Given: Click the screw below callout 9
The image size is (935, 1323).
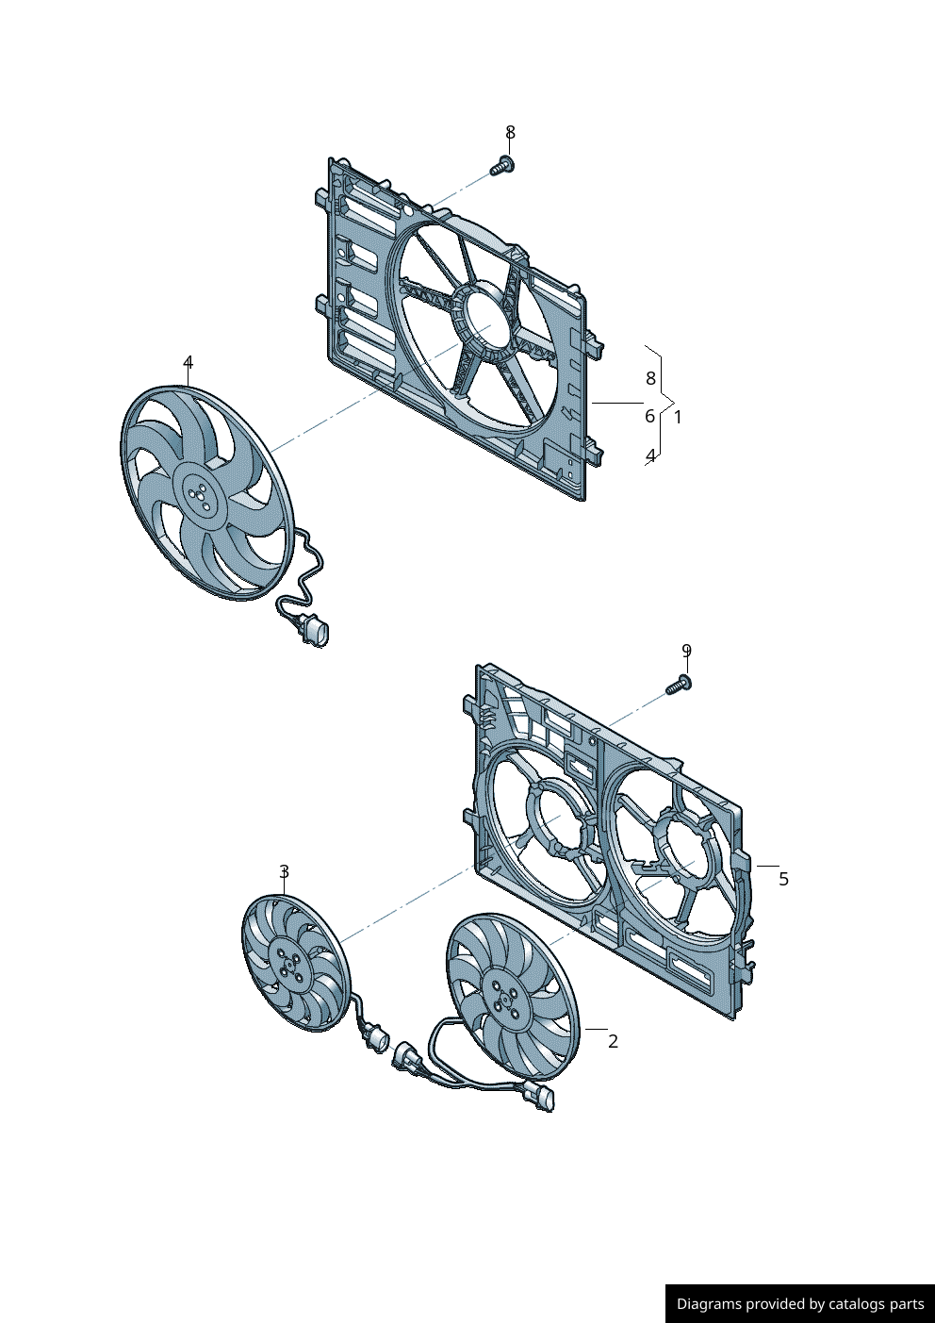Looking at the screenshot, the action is pyautogui.click(x=679, y=685).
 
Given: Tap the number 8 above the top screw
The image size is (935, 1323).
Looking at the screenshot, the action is pyautogui.click(x=510, y=133).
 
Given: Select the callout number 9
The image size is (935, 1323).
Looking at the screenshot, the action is pyautogui.click(x=686, y=651).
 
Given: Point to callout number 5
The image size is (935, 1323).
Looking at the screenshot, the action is pyautogui.click(x=783, y=879).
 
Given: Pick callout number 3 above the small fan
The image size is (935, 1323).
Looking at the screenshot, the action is pyautogui.click(x=284, y=871).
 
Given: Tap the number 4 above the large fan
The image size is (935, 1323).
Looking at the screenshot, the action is pyautogui.click(x=188, y=362).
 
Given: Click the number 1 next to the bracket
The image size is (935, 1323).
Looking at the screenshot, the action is pyautogui.click(x=678, y=417).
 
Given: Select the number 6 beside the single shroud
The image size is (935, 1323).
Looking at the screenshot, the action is pyautogui.click(x=650, y=417).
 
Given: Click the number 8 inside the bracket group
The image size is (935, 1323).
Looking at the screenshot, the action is pyautogui.click(x=650, y=378).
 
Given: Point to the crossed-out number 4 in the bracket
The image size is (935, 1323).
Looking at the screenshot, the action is pyautogui.click(x=650, y=456).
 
